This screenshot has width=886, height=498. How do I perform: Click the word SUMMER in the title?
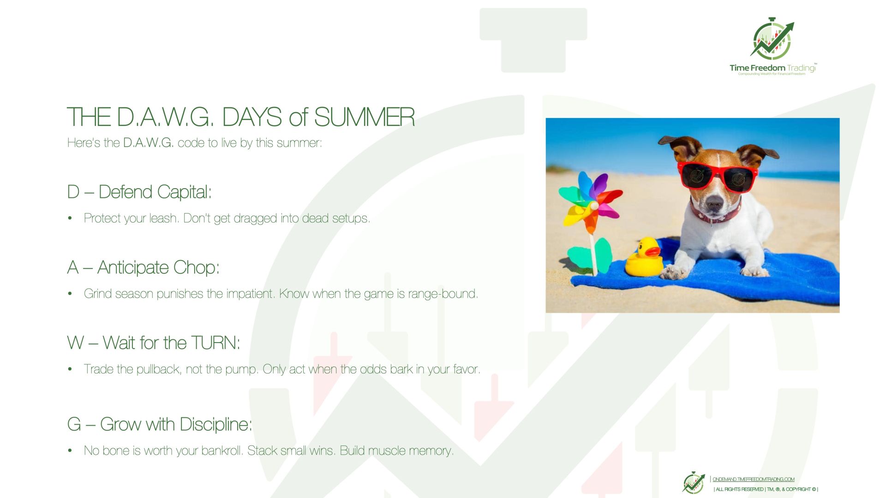coord(364,117)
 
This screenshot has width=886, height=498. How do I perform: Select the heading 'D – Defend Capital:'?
coord(139,192)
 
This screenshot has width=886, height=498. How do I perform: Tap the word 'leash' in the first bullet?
coord(164,218)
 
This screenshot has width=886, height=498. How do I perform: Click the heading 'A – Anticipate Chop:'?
coord(143,267)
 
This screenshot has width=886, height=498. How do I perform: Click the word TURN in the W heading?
coord(215,343)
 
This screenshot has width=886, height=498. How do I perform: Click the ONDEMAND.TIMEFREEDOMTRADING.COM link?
coord(754,480)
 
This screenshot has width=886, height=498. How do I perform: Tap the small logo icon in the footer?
coord(694,483)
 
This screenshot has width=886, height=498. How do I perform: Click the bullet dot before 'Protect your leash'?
coord(70,219)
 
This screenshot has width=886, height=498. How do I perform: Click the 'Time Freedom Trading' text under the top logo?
coord(772,68)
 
